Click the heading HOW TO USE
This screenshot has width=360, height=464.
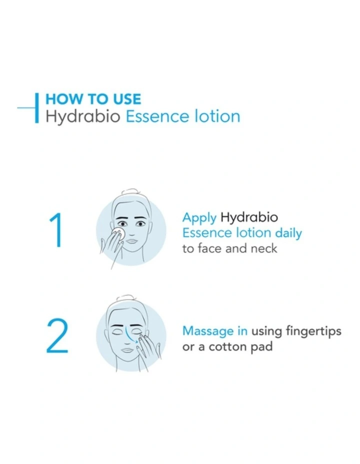tap(93, 98)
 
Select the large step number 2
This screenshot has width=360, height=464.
tap(57, 336)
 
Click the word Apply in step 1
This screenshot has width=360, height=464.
tap(199, 218)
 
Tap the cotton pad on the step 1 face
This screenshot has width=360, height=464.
tap(118, 233)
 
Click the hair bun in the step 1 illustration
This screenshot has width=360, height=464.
tap(130, 192)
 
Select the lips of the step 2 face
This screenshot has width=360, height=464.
tap(128, 349)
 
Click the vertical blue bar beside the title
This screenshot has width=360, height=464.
tap(36, 107)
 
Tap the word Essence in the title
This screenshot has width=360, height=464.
tap(157, 116)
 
